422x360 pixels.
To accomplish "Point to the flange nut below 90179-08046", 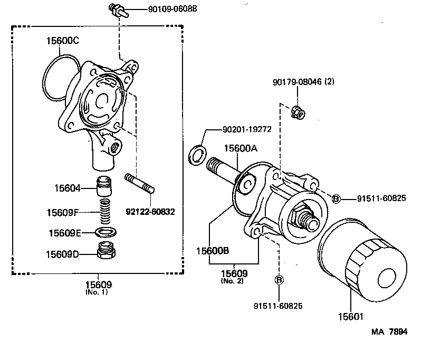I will click(x=296, y=111).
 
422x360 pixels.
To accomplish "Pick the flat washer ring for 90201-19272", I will click(x=197, y=155).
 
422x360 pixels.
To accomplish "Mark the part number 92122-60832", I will click(x=150, y=212).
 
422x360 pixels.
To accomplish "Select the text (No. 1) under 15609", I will click(x=96, y=292).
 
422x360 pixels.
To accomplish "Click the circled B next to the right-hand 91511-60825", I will click(x=335, y=198).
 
